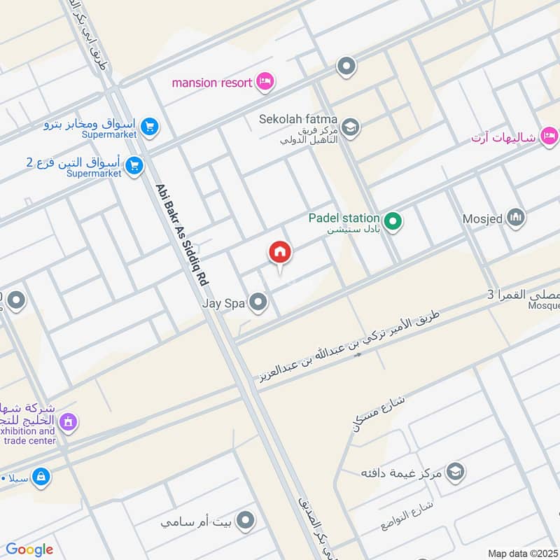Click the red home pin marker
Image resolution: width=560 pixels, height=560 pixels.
point(280,253)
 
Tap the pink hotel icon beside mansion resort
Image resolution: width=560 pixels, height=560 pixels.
point(265,83)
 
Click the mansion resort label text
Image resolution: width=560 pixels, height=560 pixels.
point(212,83)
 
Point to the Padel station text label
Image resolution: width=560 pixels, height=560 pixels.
point(344,218)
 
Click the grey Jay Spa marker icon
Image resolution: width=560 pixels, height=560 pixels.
point(259,303)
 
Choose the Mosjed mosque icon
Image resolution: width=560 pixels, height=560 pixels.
point(516,218)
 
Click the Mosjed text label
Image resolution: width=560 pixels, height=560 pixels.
point(482,218)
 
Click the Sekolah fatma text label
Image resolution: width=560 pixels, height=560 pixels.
point(297,119)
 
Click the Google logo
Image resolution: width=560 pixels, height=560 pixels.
point(29,549)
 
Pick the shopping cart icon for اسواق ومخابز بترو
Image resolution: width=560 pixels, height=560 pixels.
point(149,127)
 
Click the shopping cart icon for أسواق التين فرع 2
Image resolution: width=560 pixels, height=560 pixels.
point(135,166)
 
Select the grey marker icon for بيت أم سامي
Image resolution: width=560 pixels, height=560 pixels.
point(245,520)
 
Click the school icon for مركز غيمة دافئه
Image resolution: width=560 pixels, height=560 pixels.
point(455,471)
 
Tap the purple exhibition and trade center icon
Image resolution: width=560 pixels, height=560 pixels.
point(68,421)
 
